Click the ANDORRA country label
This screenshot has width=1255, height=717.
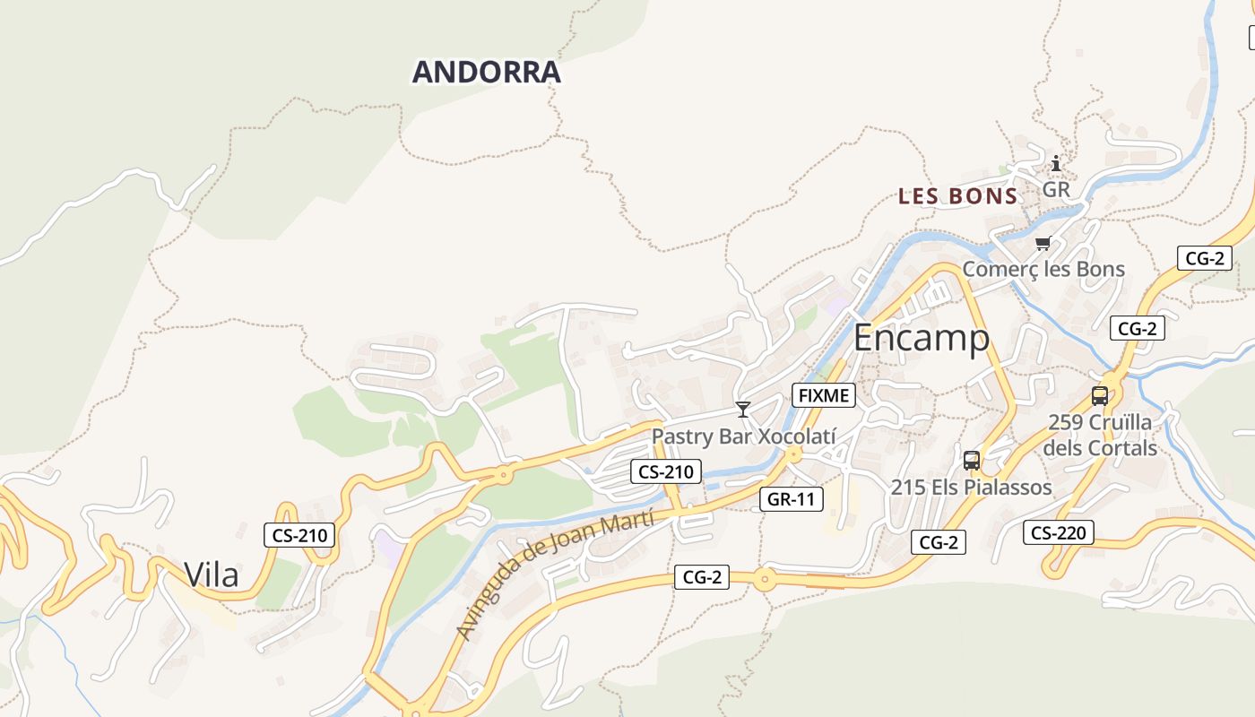486,72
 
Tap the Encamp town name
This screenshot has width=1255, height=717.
921,339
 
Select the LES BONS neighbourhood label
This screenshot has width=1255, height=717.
957,196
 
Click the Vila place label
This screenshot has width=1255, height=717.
212,574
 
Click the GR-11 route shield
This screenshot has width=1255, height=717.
791,499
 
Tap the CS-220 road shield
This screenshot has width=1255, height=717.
1058,532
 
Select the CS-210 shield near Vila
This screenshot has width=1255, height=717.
299,536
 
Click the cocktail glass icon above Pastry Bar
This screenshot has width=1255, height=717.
742,410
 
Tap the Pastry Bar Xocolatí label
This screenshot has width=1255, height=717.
743,436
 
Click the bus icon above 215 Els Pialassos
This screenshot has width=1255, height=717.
972,461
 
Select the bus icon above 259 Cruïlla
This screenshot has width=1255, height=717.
1100,395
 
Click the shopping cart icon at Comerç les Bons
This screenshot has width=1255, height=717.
1043,243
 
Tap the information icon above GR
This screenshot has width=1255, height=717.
1056,164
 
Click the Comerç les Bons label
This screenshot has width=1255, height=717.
1043,269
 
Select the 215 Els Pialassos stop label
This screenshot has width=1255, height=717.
971,488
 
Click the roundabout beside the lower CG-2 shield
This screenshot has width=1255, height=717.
763,579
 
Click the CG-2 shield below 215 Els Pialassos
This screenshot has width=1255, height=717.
939,541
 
